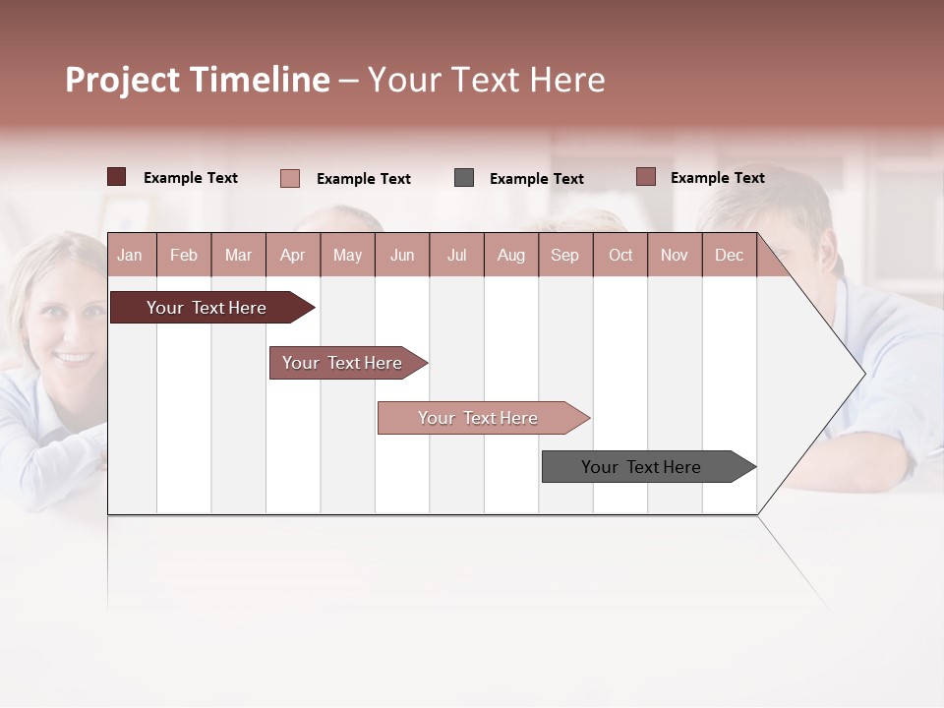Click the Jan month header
point(131,255)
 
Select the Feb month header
point(184,255)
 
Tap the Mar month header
point(238,255)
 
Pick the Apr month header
point(293,255)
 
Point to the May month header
point(347,255)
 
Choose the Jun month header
point(402,255)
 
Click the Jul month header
point(456,255)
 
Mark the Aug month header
point(511,255)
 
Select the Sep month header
point(565,255)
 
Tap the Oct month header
point(620,255)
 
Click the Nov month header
point(675,255)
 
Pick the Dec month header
point(729,255)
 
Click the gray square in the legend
point(464,178)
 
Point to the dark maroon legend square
point(116,177)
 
